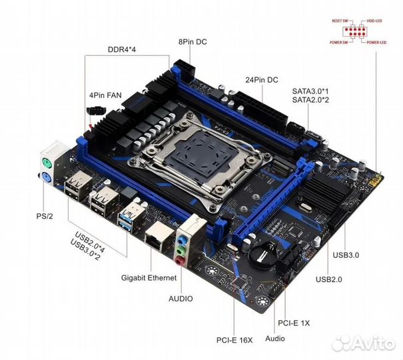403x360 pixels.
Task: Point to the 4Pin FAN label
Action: pos(106,95)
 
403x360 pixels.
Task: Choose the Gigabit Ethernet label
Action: pos(149,277)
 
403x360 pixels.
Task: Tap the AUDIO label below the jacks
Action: pos(180,299)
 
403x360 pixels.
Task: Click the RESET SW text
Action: pos(341,21)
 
